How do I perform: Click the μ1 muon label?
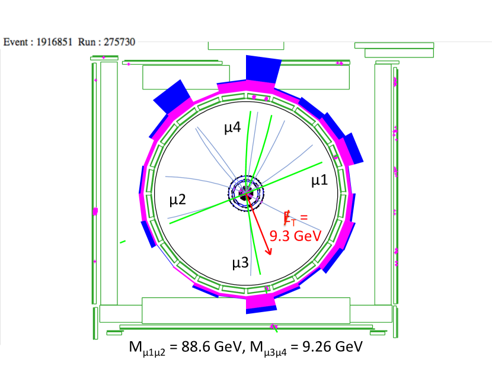coord(320,181)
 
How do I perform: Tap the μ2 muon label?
coord(178,200)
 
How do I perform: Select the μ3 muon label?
coord(240,263)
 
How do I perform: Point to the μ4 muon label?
coord(232,127)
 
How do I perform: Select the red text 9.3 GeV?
coord(296,236)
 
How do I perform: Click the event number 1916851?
coord(55,42)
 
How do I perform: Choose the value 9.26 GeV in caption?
coord(333,346)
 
